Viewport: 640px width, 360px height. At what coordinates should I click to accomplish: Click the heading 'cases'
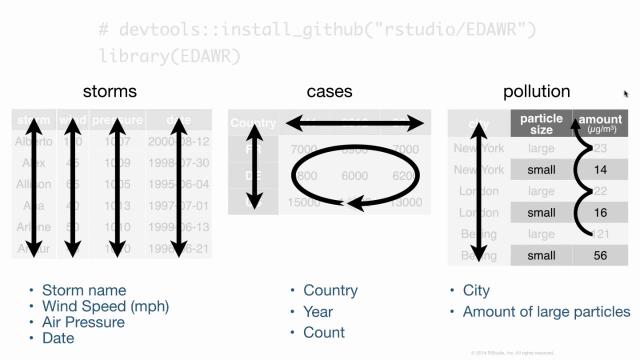pos(330,92)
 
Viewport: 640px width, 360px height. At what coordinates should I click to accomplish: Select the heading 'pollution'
pos(537,92)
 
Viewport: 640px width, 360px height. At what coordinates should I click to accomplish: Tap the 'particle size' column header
pos(541,123)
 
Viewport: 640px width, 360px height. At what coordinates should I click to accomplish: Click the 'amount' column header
pos(601,123)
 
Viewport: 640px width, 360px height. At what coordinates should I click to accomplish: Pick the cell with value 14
pos(601,170)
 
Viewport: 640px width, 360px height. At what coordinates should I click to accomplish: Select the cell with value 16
pos(601,213)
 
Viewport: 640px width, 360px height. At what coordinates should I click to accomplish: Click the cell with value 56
pos(601,255)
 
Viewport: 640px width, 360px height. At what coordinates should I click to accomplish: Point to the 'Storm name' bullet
pos(83,290)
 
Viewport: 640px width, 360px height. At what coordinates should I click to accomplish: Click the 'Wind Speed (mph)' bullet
pos(105,306)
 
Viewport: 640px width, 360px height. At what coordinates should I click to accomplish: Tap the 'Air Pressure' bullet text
pos(83,322)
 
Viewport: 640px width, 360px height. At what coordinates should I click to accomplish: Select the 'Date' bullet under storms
pos(58,338)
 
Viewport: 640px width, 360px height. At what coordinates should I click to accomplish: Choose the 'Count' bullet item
pos(324,332)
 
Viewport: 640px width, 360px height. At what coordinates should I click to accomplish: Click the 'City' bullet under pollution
pos(476,290)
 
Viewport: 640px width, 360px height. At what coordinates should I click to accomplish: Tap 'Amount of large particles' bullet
pos(546,311)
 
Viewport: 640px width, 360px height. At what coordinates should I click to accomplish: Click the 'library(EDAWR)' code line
pos(170,56)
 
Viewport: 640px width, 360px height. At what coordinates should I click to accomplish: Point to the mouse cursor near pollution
pos(626,94)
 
